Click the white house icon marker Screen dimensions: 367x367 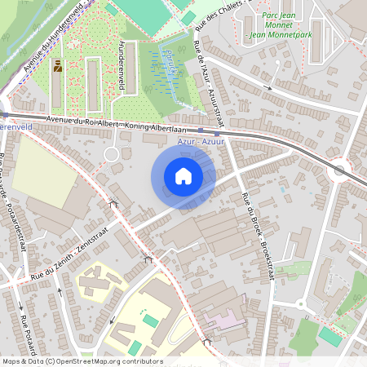point(183,176)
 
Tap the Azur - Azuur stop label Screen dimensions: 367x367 point(201,142)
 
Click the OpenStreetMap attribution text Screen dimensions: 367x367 point(82,361)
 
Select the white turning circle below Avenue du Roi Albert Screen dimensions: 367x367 point(112,154)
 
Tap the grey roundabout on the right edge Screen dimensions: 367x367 point(339,170)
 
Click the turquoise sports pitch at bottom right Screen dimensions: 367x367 point(330,335)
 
